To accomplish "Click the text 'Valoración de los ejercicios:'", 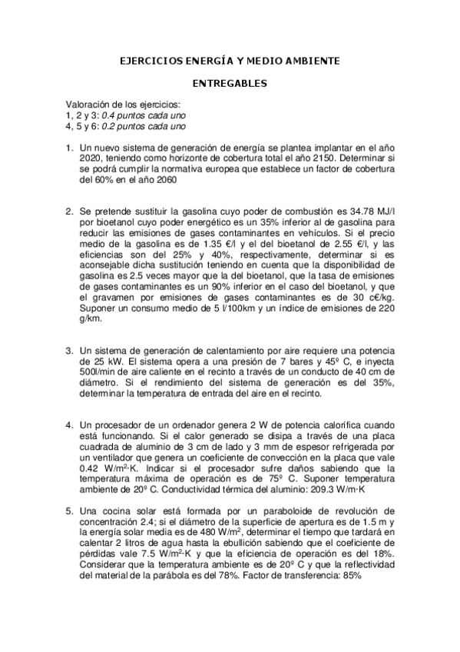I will [x=124, y=105].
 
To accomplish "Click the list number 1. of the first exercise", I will [x=69, y=148].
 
